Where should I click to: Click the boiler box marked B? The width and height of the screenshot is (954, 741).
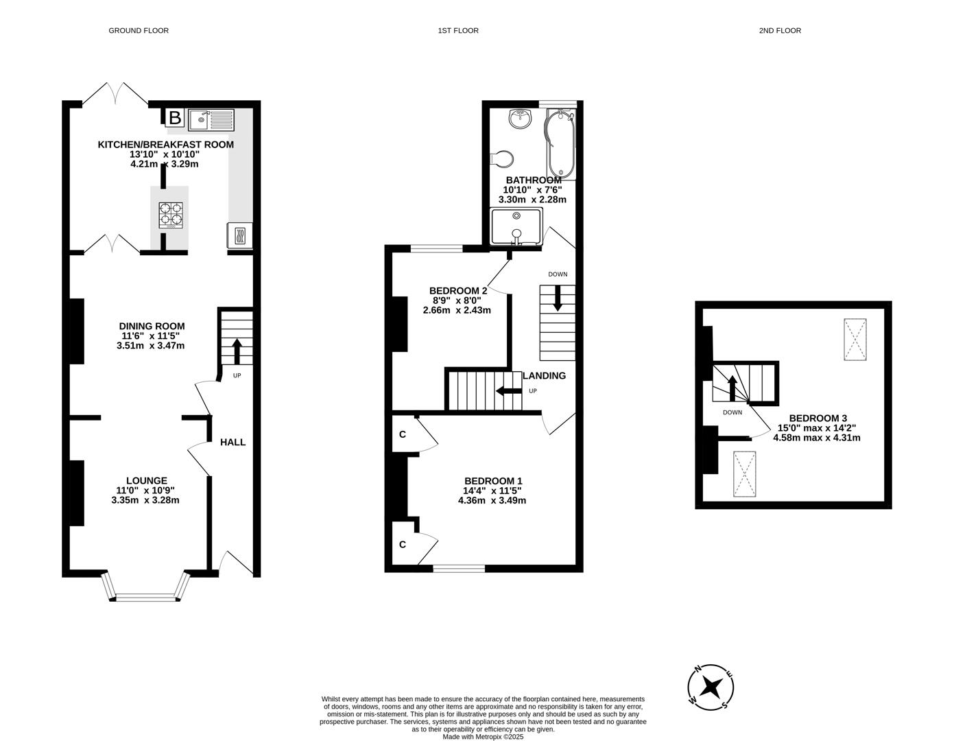pyautogui.click(x=175, y=118)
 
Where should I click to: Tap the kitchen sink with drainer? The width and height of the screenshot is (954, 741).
pyautogui.click(x=211, y=120)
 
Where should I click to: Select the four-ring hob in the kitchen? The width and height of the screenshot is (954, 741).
pyautogui.click(x=171, y=215)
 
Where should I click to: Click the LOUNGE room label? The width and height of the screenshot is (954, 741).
pyautogui.click(x=146, y=481)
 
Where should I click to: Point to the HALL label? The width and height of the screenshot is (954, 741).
pyautogui.click(x=232, y=443)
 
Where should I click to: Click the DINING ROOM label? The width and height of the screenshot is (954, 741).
pyautogui.click(x=152, y=327)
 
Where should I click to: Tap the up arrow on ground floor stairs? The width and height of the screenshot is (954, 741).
pyautogui.click(x=237, y=351)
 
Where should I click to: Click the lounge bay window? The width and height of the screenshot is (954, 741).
pyautogui.click(x=145, y=595)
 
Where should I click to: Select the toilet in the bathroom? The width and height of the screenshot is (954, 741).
pyautogui.click(x=503, y=159)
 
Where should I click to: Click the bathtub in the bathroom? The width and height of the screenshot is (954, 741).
pyautogui.click(x=561, y=145)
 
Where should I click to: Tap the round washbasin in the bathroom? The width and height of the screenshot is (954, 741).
pyautogui.click(x=521, y=119)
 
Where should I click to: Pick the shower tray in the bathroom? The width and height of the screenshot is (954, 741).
pyautogui.click(x=516, y=226)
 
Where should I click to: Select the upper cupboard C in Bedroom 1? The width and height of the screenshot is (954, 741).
pyautogui.click(x=403, y=434)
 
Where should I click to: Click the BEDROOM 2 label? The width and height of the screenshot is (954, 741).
pyautogui.click(x=457, y=290)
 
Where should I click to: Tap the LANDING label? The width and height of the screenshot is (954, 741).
pyautogui.click(x=545, y=376)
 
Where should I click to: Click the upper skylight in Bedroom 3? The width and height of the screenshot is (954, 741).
pyautogui.click(x=855, y=339)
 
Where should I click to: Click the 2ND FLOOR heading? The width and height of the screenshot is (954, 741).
pyautogui.click(x=780, y=30)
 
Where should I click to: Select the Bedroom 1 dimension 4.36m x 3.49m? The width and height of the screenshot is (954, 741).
pyautogui.click(x=492, y=501)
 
